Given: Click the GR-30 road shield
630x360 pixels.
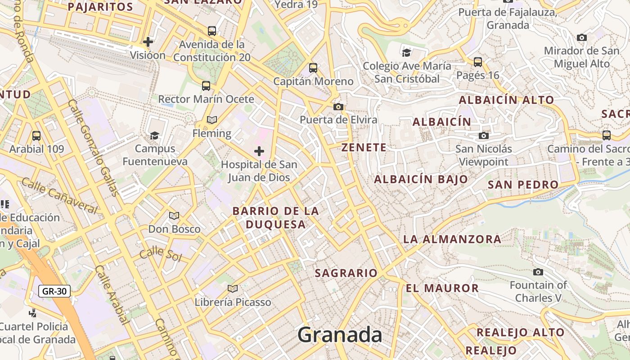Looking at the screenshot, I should pyautogui.click(x=54, y=291).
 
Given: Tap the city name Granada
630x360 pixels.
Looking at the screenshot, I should pyautogui.click(x=340, y=335).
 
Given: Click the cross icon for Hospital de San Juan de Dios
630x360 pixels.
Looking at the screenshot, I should pyautogui.click(x=259, y=151).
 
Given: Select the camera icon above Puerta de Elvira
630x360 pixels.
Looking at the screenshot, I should pyautogui.click(x=338, y=107).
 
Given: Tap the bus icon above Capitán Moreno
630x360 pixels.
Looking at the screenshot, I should pyautogui.click(x=313, y=68).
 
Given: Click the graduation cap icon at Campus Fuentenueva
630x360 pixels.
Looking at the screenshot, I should pyautogui.click(x=154, y=135).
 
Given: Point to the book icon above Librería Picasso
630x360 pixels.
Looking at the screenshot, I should pyautogui.click(x=233, y=288).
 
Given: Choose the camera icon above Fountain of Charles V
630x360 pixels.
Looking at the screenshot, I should pyautogui.click(x=538, y=272).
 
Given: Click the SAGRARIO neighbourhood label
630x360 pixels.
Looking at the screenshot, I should pyautogui.click(x=346, y=273).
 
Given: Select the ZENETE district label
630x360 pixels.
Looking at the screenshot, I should pyautogui.click(x=364, y=148).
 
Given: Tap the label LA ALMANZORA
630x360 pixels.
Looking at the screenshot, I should pyautogui.click(x=452, y=239).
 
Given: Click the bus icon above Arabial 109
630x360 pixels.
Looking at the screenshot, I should pyautogui.click(x=36, y=135).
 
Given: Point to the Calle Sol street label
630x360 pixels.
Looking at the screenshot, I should pyautogui.click(x=160, y=255).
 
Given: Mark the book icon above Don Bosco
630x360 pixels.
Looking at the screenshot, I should pyautogui.click(x=174, y=216).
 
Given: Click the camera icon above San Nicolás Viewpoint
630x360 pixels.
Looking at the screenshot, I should pyautogui.click(x=484, y=135).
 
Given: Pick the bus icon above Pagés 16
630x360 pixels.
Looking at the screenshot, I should pyautogui.click(x=478, y=62).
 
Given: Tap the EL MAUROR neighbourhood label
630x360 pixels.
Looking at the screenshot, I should pyautogui.click(x=442, y=288).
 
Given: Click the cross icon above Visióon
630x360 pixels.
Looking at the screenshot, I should pyautogui.click(x=148, y=42).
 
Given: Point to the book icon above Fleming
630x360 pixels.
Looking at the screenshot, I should pyautogui.click(x=211, y=120).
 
